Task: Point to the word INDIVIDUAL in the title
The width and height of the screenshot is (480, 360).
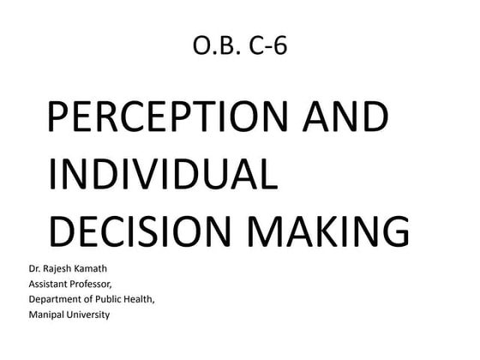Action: (x=164, y=175)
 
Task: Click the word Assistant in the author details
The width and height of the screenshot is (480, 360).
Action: (x=51, y=283)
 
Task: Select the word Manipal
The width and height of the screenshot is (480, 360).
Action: (x=48, y=315)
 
